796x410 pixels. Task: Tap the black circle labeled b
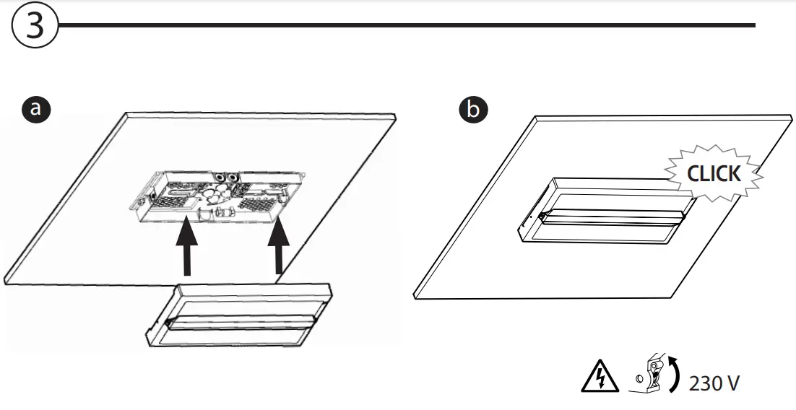(473, 110)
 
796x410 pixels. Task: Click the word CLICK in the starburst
(714, 174)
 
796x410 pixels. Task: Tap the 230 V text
(714, 383)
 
